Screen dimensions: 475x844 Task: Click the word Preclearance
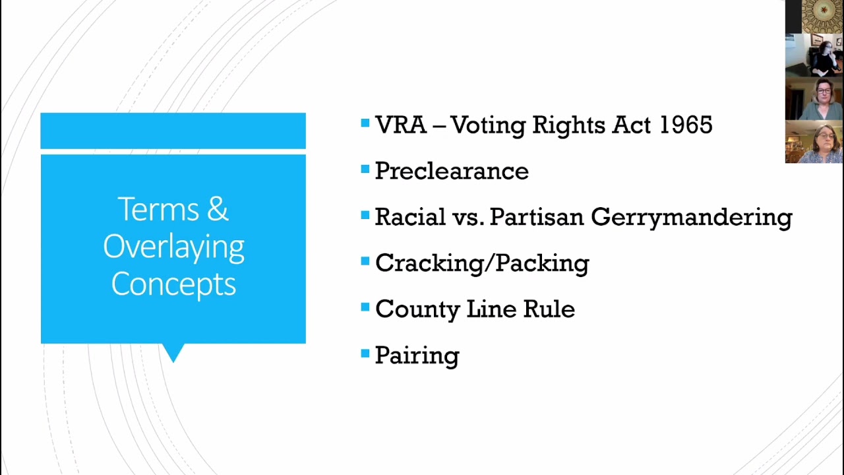452,172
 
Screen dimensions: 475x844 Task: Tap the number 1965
686,125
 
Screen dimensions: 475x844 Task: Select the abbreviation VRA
400,125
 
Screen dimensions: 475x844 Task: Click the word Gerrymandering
691,218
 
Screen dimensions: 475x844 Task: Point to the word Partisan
537,217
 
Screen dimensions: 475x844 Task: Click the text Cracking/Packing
482,263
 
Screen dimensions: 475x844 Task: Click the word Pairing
417,356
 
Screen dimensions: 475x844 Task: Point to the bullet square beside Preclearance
365,170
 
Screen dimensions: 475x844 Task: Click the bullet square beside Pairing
365,354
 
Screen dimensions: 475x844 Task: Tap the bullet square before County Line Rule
365,307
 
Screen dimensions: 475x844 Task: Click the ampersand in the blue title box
218,210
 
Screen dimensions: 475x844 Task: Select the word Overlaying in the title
173,247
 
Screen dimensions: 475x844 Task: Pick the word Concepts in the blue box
173,284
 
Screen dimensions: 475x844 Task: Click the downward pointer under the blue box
173,353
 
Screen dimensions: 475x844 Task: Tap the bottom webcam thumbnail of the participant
814,142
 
